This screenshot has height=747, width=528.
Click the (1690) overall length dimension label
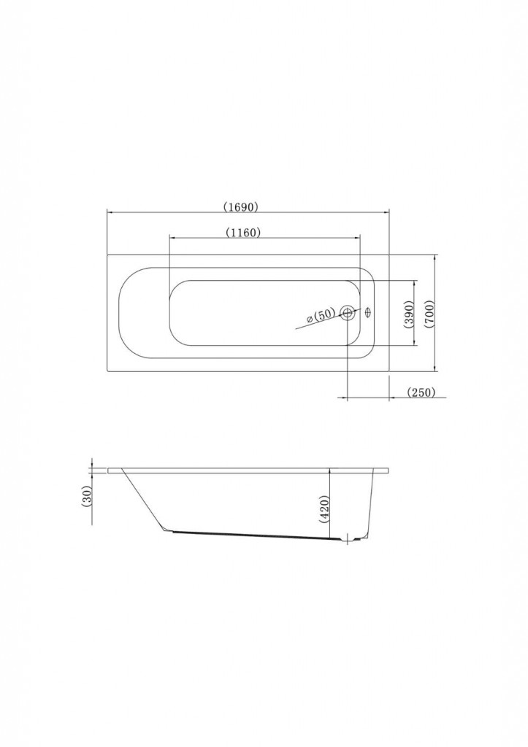coord(241,206)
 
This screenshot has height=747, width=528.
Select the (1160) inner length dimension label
coord(243,233)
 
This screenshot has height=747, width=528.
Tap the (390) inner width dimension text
coord(408,314)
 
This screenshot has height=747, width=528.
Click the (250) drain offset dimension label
coord(421,392)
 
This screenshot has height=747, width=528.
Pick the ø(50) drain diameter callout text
coord(322,315)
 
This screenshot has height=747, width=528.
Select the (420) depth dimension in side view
coord(323,509)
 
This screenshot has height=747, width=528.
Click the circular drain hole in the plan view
coord(348,313)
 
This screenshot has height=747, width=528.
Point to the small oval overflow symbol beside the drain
coord(368,311)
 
